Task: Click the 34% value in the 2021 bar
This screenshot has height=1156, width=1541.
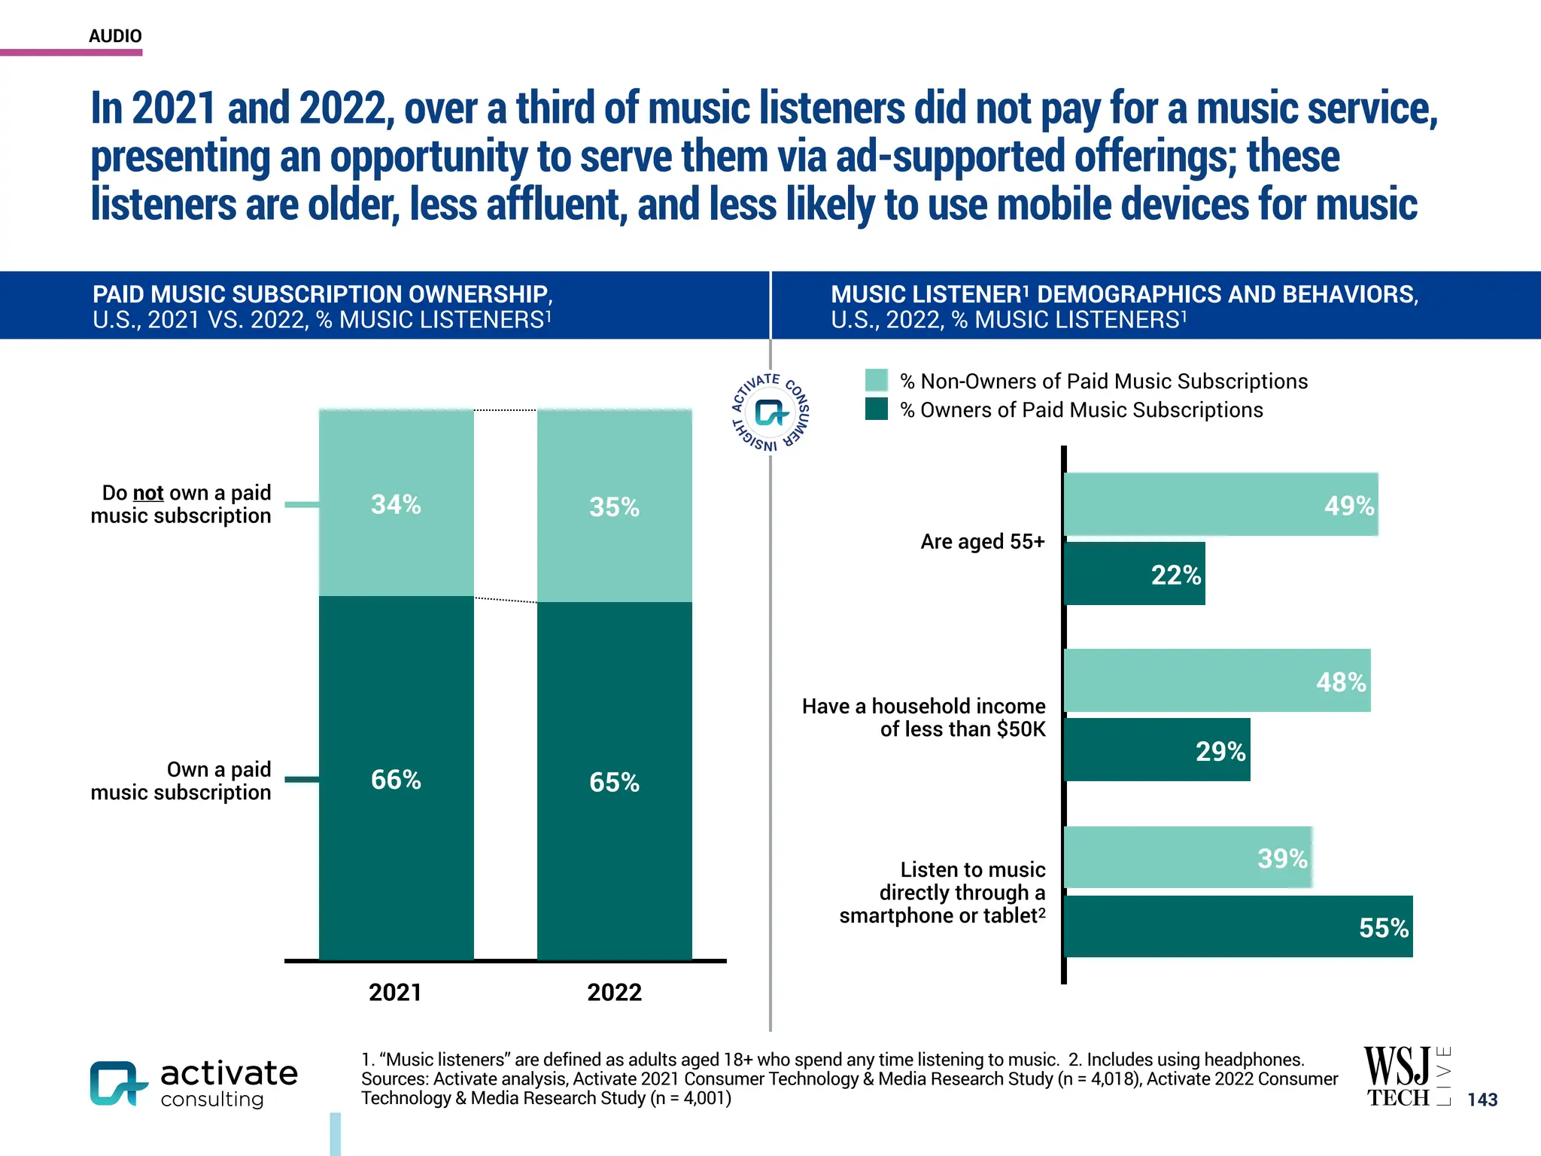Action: coord(396,504)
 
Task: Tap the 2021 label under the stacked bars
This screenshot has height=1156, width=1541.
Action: coord(395,992)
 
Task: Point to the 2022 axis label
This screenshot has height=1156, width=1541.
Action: coord(614,992)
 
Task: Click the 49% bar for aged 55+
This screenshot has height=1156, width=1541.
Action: coord(1220,504)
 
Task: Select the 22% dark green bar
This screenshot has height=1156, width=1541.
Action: coord(1135,573)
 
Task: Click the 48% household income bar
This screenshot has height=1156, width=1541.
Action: coord(1217,680)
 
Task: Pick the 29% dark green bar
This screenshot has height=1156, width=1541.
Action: coord(1157,750)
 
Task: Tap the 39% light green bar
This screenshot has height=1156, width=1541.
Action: coord(1187,857)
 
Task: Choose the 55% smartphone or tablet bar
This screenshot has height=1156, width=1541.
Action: coord(1238,926)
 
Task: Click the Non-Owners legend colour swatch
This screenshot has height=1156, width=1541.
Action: coord(876,380)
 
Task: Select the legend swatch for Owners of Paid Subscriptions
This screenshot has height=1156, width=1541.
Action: coord(876,409)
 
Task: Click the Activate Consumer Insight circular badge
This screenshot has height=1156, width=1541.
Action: coord(770,413)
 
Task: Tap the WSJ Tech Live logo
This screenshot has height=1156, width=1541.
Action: coord(1406,1076)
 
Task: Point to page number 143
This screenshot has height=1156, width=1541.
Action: coord(1482,1100)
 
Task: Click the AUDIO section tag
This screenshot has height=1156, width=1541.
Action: coord(115,36)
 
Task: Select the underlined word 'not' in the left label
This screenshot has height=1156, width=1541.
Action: coord(148,493)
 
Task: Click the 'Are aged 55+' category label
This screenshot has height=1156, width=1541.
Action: coord(982,541)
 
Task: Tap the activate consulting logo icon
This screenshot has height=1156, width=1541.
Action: coord(117,1083)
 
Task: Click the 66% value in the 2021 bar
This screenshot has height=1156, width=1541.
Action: coord(396,780)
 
